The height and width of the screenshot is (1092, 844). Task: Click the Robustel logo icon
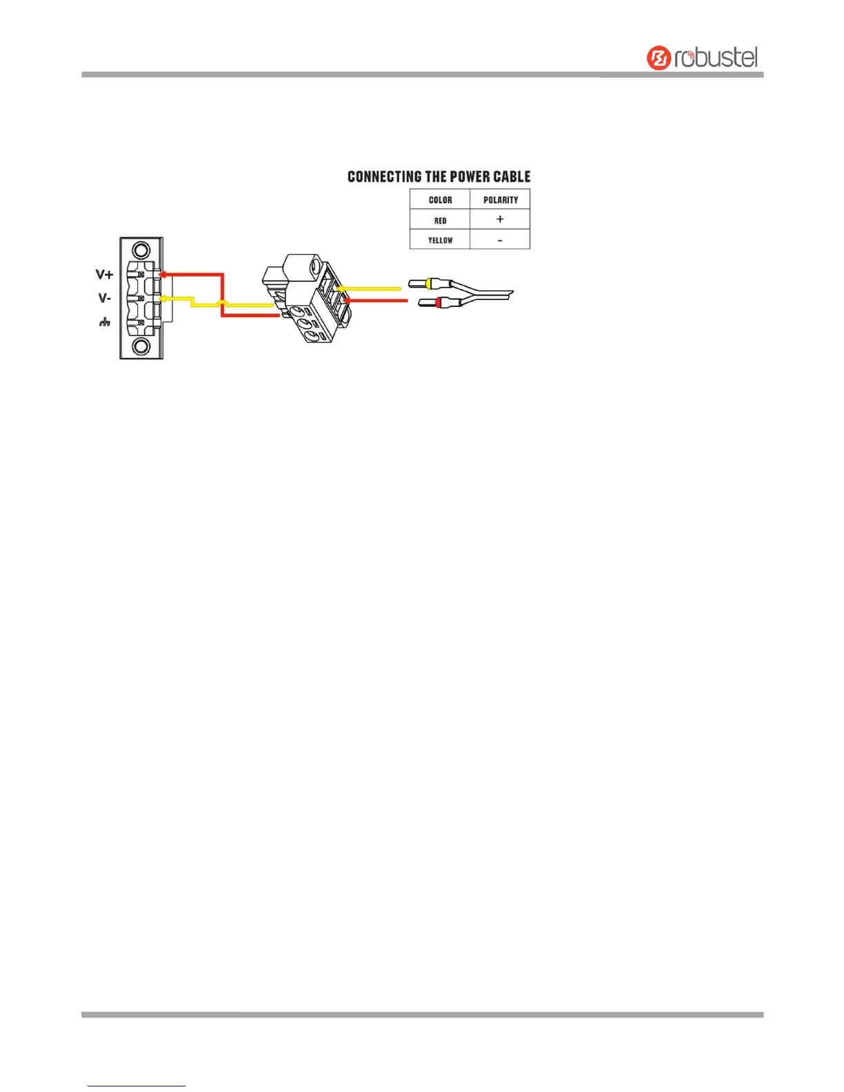(x=659, y=58)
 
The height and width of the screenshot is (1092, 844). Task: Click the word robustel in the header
(x=716, y=58)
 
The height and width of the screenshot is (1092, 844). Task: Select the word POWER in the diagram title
(x=470, y=176)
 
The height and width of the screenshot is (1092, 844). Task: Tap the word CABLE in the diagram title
(x=512, y=176)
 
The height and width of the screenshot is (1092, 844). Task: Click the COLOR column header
(x=440, y=200)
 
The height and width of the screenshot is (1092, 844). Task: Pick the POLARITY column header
(x=500, y=200)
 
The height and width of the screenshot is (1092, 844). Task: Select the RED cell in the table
(x=440, y=221)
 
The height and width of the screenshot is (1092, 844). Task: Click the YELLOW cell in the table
(x=440, y=240)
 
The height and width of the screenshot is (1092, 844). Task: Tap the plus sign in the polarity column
(x=500, y=219)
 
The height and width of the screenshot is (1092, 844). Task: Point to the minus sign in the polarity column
(x=500, y=240)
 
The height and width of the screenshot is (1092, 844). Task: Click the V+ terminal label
(x=104, y=274)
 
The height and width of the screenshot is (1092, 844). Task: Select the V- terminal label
(x=104, y=298)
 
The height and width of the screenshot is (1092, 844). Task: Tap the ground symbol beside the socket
(x=104, y=322)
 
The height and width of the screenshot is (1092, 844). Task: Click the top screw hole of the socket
(x=141, y=250)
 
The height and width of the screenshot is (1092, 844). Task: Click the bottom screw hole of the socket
(x=141, y=347)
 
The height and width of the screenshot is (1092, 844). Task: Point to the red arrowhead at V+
(x=162, y=274)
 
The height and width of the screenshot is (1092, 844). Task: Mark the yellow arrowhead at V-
(x=163, y=299)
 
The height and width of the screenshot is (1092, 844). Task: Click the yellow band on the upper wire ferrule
(x=430, y=283)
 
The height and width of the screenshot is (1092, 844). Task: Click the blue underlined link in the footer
(x=137, y=1086)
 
